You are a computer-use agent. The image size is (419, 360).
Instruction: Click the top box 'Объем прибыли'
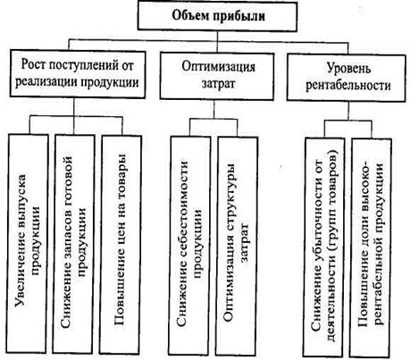[x=217, y=16]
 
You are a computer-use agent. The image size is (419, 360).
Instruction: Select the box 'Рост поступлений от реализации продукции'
[x=78, y=74]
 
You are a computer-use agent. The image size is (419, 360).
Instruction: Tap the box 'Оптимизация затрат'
[x=217, y=76]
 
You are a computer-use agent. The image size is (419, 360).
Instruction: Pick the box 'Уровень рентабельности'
[x=346, y=78]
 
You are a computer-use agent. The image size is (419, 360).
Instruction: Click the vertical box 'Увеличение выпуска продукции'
[x=28, y=244]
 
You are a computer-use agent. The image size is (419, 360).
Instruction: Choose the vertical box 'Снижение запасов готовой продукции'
[x=74, y=244]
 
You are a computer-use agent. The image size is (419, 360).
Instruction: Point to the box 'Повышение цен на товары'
[x=121, y=245]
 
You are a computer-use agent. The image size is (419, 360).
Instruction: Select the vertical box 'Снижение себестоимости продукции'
[x=189, y=246]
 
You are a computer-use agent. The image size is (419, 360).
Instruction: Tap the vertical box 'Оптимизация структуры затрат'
[x=238, y=247]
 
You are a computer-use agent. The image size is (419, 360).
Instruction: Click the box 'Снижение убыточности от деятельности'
[x=323, y=247]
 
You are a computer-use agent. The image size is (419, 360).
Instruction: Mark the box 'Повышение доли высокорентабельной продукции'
[x=371, y=247]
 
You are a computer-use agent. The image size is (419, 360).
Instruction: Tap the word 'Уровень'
[x=349, y=68]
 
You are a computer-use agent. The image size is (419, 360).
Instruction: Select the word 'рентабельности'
[x=348, y=86]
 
